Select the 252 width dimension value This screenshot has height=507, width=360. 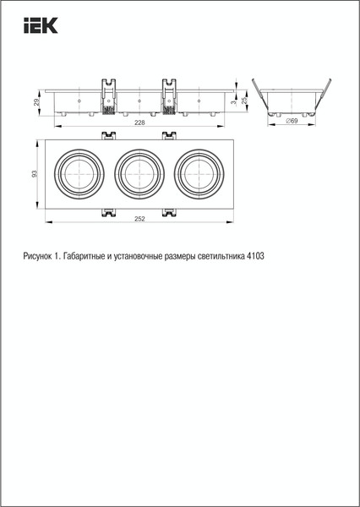coord(139,219)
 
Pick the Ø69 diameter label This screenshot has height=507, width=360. coord(291,123)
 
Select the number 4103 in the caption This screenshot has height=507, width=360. coord(254,255)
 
